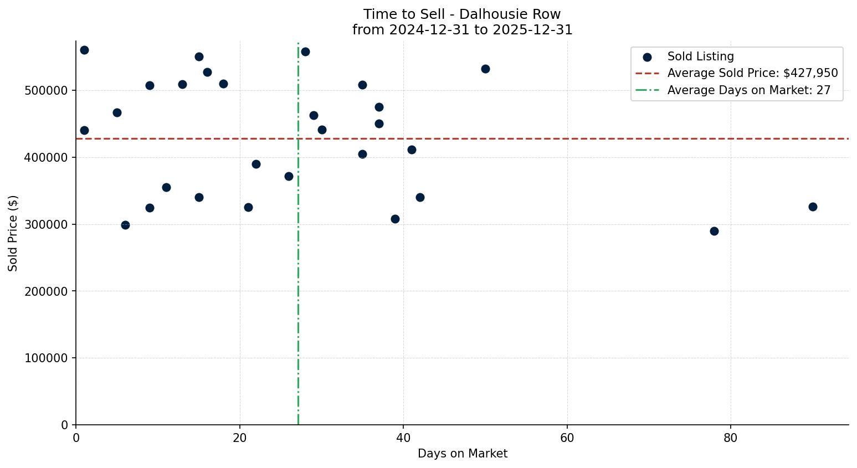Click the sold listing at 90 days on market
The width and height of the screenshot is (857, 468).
813,207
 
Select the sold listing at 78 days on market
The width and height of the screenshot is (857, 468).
714,231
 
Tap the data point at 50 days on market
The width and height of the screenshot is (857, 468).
485,69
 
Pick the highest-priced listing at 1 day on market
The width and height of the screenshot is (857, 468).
84,50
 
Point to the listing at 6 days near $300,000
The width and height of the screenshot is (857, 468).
125,225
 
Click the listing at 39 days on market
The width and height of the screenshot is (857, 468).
395,219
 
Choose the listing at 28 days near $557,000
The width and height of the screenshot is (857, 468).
305,52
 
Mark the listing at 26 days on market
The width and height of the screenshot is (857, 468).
289,176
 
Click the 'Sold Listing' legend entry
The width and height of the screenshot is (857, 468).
700,56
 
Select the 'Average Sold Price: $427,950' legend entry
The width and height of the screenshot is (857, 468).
752,73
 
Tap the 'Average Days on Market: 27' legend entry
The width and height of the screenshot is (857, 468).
748,90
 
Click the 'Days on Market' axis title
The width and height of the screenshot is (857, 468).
462,454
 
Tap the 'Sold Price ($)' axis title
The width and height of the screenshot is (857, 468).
13,233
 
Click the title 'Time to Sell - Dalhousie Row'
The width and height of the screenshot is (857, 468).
462,14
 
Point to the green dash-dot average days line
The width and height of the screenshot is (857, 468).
298,332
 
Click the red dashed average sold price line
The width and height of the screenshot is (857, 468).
554,138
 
